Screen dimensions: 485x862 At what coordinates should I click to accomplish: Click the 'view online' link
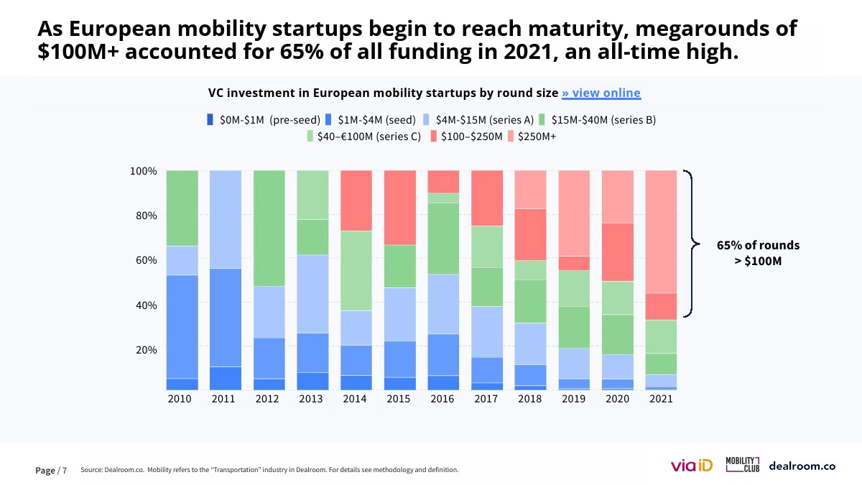pyautogui.click(x=601, y=93)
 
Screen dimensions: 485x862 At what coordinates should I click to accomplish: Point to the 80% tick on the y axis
pyautogui.click(x=143, y=216)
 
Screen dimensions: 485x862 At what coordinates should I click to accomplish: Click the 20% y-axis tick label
pyautogui.click(x=143, y=350)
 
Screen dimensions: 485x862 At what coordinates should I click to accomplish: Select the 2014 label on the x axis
pyautogui.click(x=356, y=399)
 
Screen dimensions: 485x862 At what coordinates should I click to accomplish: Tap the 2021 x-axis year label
pyautogui.click(x=661, y=399)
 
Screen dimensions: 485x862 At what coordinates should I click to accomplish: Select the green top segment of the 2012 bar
pyautogui.click(x=269, y=228)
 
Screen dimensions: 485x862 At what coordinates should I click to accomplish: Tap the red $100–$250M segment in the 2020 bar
pyautogui.click(x=617, y=251)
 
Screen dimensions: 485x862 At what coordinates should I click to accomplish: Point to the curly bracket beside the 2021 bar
pyautogui.click(x=692, y=244)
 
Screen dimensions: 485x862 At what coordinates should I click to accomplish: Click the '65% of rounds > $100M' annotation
pyautogui.click(x=758, y=253)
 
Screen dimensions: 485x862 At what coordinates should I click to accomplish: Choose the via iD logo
pyautogui.click(x=691, y=466)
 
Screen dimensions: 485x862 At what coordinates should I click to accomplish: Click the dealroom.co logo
pyautogui.click(x=802, y=466)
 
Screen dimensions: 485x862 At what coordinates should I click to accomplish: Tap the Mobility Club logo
pyautogui.click(x=742, y=464)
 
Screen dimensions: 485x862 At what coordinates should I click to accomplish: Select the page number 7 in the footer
pyautogui.click(x=65, y=471)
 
